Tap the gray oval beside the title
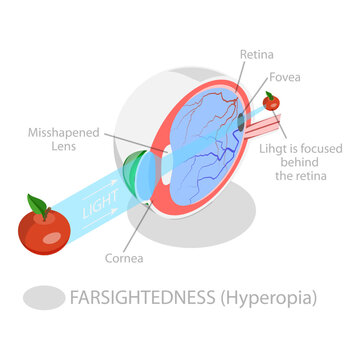[42, 298]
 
